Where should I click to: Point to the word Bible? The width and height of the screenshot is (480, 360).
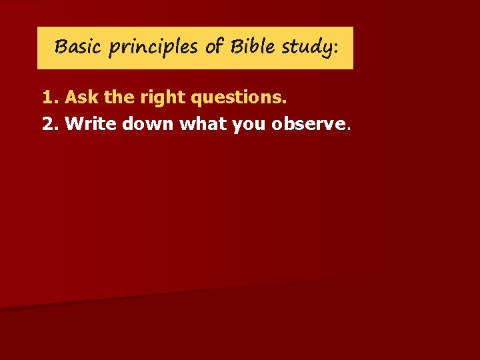pos(253,47)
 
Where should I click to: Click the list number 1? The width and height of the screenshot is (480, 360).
pos(49,98)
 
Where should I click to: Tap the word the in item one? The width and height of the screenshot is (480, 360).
pos(119,98)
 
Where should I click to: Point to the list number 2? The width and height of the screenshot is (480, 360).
pos(49,123)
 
